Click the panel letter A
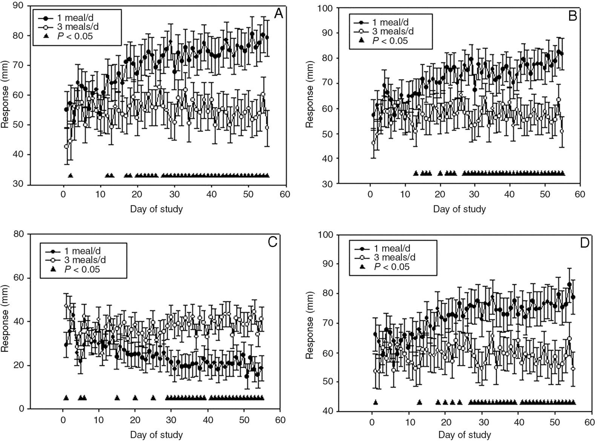[278, 14]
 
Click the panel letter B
[572, 16]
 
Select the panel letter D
[584, 243]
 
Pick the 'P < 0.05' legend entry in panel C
[82, 269]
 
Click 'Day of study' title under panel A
[156, 209]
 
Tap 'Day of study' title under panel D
[464, 435]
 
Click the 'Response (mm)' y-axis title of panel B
[310, 96]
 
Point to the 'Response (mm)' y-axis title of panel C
[5, 322]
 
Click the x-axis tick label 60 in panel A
[285, 194]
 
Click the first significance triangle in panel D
[375, 402]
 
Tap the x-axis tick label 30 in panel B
[475, 194]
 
